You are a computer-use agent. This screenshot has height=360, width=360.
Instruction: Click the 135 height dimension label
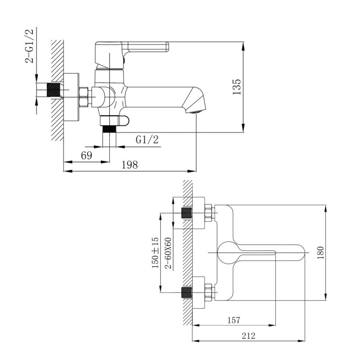(x=237, y=87)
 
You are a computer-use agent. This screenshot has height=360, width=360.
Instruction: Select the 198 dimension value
(x=130, y=165)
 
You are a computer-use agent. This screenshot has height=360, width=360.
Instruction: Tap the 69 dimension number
(x=86, y=156)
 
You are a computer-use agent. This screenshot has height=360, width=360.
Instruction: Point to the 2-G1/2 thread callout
(x=29, y=46)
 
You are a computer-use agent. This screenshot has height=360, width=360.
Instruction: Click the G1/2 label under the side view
(x=147, y=139)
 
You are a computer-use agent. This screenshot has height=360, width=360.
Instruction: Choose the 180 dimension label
(x=320, y=252)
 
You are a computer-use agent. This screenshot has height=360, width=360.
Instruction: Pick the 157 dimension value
(x=234, y=320)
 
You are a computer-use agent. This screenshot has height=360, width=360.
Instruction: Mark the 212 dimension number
(x=248, y=336)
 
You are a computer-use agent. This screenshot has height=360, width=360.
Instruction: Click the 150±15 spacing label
(x=155, y=252)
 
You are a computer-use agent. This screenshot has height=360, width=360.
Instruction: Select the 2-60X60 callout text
(x=168, y=253)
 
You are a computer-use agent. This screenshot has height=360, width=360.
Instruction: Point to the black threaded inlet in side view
(x=53, y=90)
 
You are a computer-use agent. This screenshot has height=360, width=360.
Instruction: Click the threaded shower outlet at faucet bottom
(x=109, y=129)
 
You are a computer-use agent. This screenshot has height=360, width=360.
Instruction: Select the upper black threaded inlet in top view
(x=186, y=213)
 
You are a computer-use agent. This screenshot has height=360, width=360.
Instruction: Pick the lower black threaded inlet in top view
(x=186, y=292)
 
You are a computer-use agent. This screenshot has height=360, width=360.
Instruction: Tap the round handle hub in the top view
(x=228, y=252)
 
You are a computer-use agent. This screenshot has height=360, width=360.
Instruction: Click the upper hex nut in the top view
(x=208, y=213)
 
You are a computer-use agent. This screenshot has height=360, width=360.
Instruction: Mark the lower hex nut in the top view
(x=208, y=292)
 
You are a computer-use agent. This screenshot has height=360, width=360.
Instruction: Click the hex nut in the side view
(x=84, y=97)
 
